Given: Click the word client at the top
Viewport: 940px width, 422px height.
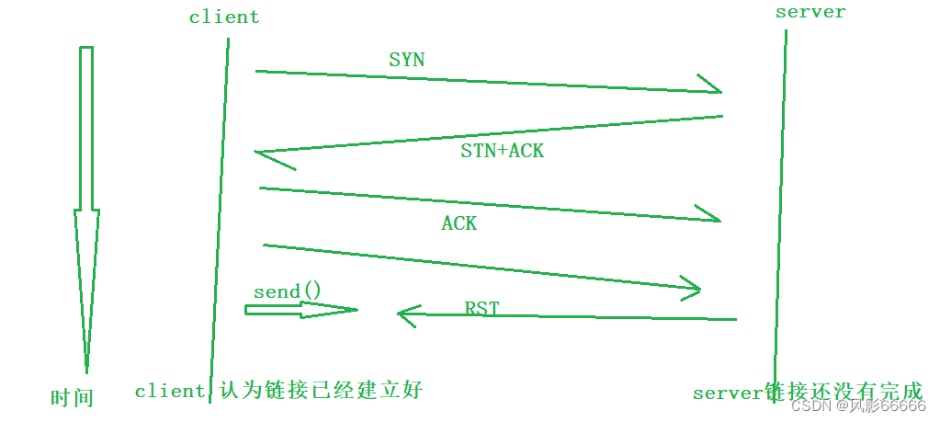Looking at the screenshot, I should pyautogui.click(x=224, y=17).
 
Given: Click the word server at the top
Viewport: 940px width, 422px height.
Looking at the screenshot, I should pyautogui.click(x=810, y=12).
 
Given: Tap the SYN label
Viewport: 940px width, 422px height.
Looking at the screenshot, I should pyautogui.click(x=407, y=60).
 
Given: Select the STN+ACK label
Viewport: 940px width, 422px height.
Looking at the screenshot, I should pyautogui.click(x=502, y=151).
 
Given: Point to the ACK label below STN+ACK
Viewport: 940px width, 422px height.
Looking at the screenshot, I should pyautogui.click(x=459, y=223).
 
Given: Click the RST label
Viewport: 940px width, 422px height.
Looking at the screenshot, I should pyautogui.click(x=481, y=308).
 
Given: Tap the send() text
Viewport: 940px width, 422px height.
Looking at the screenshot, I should pyautogui.click(x=288, y=291).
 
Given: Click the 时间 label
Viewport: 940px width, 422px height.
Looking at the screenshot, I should pyautogui.click(x=72, y=398).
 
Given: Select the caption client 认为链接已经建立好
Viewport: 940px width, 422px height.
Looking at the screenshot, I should pyautogui.click(x=278, y=391).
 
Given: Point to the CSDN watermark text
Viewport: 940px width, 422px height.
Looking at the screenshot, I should pyautogui.click(x=858, y=406).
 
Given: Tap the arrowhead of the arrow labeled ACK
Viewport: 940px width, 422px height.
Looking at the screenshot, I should pyautogui.click(x=711, y=215).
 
